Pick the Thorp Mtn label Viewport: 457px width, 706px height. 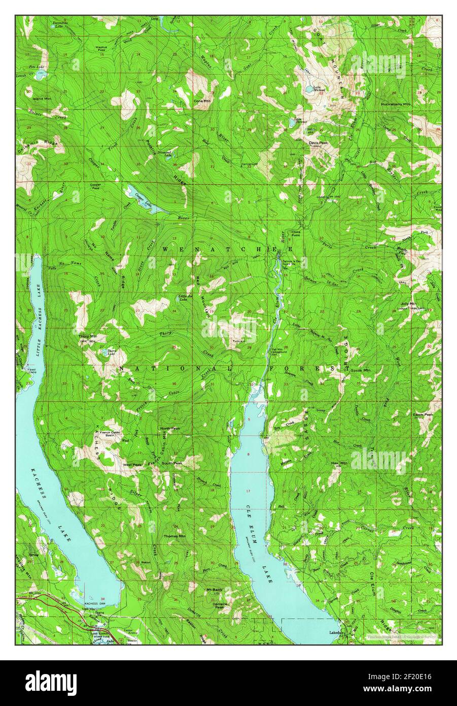[87, 336]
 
